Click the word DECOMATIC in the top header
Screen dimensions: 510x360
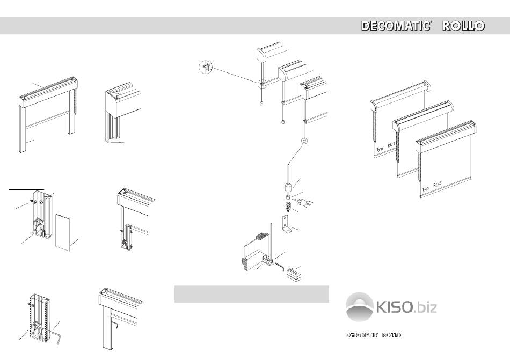[x=396, y=26]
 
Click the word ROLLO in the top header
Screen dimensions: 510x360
[x=463, y=26]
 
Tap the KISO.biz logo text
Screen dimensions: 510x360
[x=406, y=307]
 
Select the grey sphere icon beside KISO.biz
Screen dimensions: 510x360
[x=359, y=306]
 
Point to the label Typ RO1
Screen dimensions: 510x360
[x=385, y=147]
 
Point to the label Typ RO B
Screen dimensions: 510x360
[x=432, y=187]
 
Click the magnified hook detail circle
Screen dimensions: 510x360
[x=205, y=67]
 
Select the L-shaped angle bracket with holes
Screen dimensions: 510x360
[x=286, y=225]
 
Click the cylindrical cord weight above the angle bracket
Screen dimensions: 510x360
[x=288, y=188]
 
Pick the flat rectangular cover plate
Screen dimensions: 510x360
[x=63, y=232]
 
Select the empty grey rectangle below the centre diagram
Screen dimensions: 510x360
[x=251, y=294]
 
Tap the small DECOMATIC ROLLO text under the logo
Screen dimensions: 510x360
[x=374, y=335]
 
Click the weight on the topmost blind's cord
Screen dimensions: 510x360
[x=262, y=104]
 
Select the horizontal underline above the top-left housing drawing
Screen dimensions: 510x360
[x=26, y=189]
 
